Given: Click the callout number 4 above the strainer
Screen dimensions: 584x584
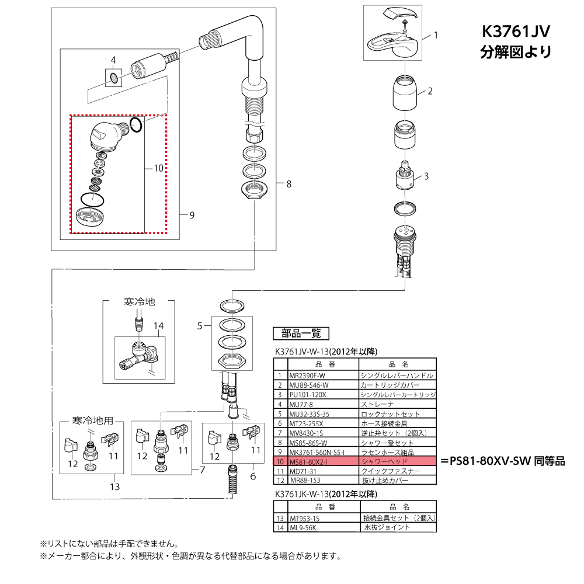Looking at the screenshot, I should pyautogui.click(x=113, y=60).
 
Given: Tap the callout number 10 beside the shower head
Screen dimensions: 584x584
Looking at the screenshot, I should pyautogui.click(x=158, y=168).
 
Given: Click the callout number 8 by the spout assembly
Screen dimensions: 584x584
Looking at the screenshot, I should pyautogui.click(x=288, y=184).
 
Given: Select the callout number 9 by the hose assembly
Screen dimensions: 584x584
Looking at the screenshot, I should pyautogui.click(x=192, y=215).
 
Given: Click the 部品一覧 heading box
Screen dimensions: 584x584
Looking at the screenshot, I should pyautogui.click(x=301, y=333).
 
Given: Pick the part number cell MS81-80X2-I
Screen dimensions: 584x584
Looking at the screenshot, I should pyautogui.click(x=308, y=461).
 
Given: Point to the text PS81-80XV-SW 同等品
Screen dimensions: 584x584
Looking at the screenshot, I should pyautogui.click(x=502, y=461).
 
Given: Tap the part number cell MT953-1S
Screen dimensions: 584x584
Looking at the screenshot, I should pyautogui.click(x=305, y=518).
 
